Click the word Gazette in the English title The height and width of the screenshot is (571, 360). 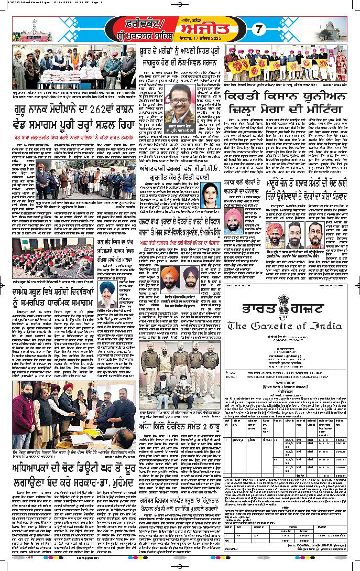click(277, 326)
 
